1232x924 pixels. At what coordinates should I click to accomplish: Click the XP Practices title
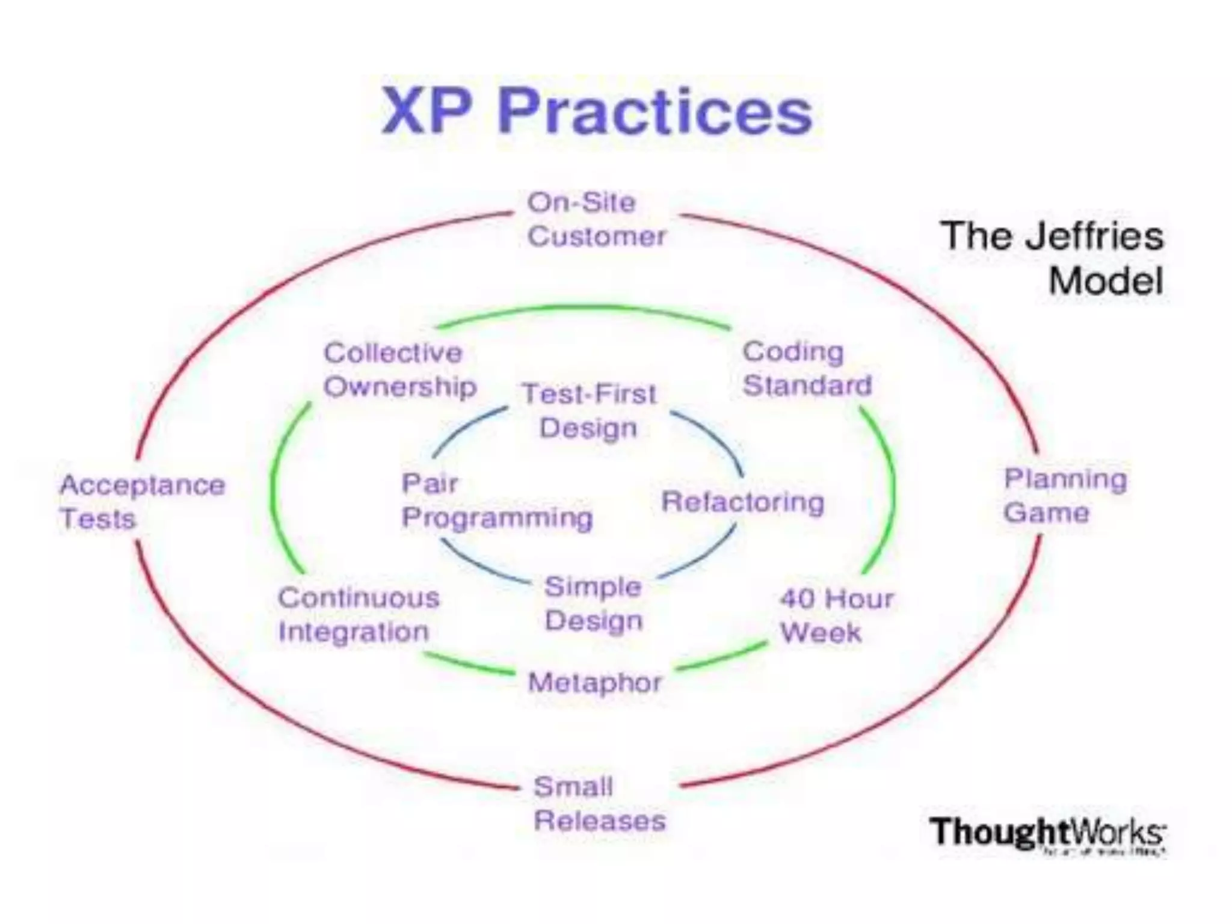click(x=597, y=112)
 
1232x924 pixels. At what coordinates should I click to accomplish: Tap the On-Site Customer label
click(x=596, y=220)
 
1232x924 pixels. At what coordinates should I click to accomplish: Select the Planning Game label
click(x=1065, y=496)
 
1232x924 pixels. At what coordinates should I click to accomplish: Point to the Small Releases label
click(x=599, y=804)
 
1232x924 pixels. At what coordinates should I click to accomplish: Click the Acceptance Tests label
click(x=142, y=502)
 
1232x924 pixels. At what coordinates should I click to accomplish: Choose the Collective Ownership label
click(x=399, y=369)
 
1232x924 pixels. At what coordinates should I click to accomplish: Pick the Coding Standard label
click(x=806, y=368)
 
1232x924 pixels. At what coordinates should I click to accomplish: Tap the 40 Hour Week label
click(x=836, y=615)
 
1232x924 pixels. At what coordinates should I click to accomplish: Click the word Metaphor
click(x=594, y=683)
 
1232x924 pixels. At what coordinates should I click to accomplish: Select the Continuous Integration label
click(x=359, y=615)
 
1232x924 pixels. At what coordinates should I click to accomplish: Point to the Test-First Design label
click(x=588, y=411)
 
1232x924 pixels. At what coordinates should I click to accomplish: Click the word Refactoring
click(x=742, y=502)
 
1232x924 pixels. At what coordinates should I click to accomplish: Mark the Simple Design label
click(x=593, y=603)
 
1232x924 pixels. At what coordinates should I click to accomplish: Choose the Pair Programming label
click(x=497, y=500)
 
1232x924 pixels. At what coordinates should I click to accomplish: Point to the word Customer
click(x=597, y=236)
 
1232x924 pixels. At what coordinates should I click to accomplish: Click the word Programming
click(x=497, y=518)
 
